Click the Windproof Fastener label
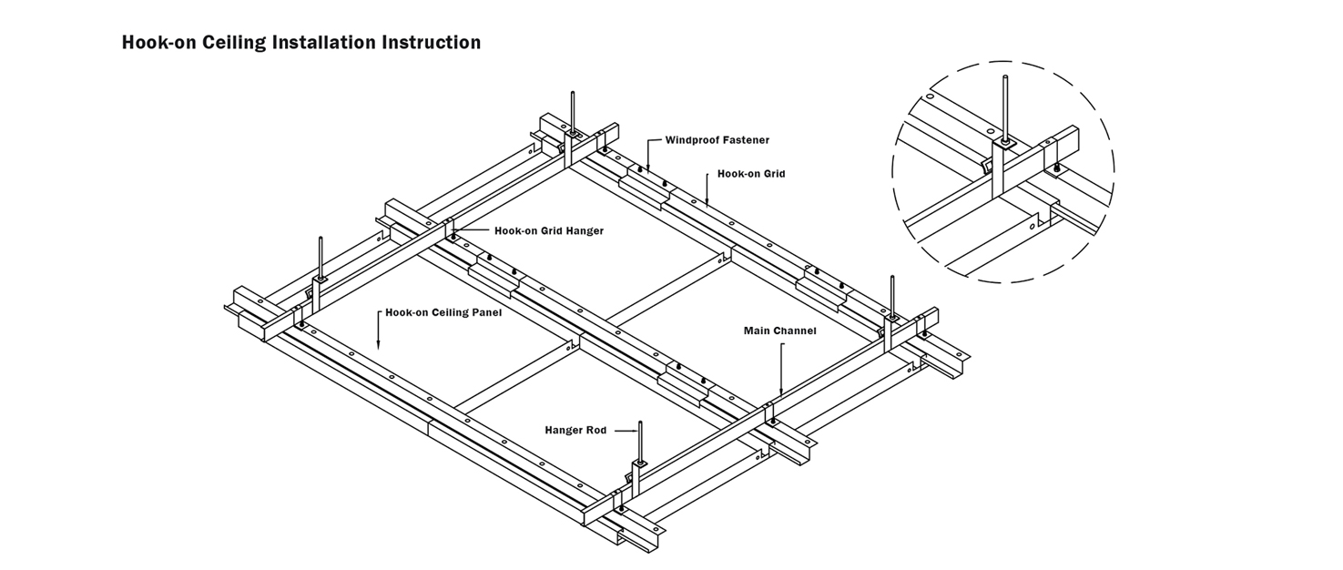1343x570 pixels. (x=717, y=140)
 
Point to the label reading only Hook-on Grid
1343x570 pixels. (x=750, y=173)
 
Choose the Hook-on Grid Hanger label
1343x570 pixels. (x=548, y=231)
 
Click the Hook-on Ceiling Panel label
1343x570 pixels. (x=443, y=312)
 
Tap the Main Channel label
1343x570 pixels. (x=779, y=331)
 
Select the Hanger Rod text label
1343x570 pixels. (x=575, y=430)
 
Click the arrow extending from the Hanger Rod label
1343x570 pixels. (x=623, y=430)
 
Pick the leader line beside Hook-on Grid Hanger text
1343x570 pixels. (x=473, y=231)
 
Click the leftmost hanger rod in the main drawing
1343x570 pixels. (x=320, y=255)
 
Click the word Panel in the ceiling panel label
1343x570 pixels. (x=486, y=312)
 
